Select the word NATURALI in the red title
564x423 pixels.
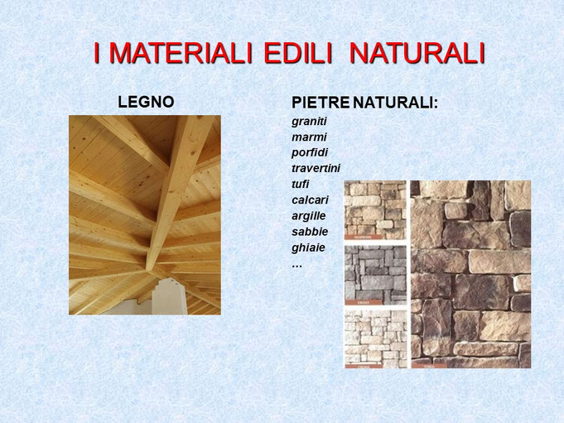pos(416,53)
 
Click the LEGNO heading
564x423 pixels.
pos(146,103)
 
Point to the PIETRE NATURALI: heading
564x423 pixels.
pos(364,103)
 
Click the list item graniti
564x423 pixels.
pos(309,121)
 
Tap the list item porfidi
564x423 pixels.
pos(309,152)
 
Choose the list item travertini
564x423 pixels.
pos(316,168)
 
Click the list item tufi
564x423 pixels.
pos(301,184)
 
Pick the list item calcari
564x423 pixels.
pos(309,199)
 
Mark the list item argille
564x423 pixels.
pos(308,215)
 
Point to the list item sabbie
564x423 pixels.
pos(309,231)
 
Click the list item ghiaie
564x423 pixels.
pos(308,247)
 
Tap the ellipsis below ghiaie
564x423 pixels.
pos(296,263)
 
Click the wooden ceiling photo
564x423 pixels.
pos(145,214)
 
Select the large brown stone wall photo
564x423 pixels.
pos(470,274)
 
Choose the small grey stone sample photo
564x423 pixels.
pos(375,276)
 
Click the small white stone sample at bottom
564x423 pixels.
pos(375,339)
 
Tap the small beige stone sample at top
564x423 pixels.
pos(375,210)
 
